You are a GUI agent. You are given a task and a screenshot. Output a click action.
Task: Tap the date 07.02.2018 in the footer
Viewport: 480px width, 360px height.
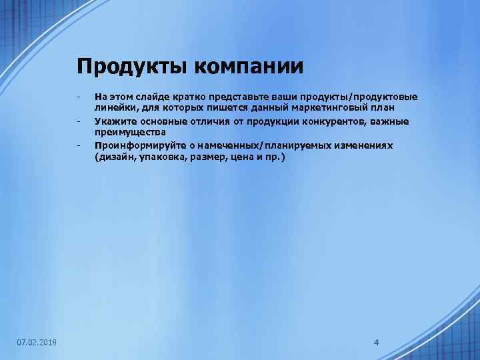[37, 343]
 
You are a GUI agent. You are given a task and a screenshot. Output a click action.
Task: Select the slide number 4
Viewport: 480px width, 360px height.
[377, 343]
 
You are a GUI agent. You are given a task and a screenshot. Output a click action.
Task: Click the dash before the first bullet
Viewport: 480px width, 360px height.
[79, 97]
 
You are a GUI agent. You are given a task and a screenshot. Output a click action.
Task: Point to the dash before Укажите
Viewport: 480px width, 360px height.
[79, 121]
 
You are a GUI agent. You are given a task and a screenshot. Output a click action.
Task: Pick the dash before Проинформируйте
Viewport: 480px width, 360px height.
[79, 145]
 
